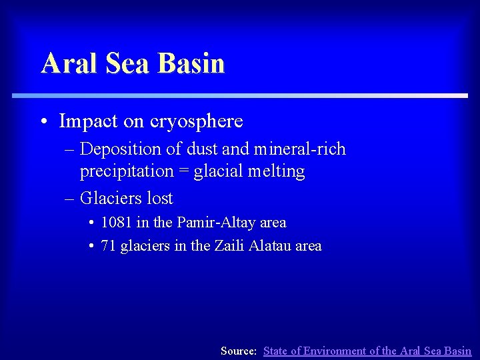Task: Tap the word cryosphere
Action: (x=197, y=121)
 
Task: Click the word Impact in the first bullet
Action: (x=86, y=121)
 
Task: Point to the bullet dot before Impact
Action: (x=43, y=122)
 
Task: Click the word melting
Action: (x=276, y=171)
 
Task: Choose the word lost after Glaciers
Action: (x=158, y=198)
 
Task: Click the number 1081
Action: (x=117, y=223)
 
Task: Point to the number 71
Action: (x=108, y=246)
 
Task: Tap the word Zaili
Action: (x=229, y=246)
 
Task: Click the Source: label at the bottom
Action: (x=239, y=351)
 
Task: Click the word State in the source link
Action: (x=277, y=351)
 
